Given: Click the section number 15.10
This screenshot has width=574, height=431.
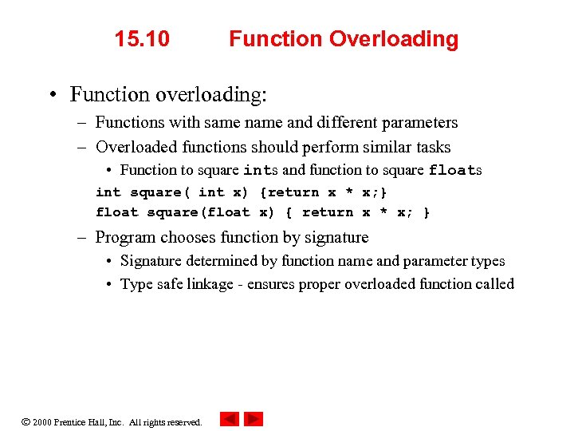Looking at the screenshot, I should tap(142, 39).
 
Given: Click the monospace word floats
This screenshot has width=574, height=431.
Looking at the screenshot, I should tap(454, 170).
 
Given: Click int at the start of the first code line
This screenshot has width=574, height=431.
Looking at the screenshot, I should tap(108, 192).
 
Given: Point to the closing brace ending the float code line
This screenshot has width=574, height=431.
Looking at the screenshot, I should tap(427, 212).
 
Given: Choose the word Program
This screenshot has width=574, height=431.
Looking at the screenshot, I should tap(126, 238).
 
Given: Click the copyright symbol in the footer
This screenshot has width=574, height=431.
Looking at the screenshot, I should tap(26, 421).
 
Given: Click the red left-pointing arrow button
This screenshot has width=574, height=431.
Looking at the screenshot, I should tap(229, 419).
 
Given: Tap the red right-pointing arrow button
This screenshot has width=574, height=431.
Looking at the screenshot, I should tap(254, 419).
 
